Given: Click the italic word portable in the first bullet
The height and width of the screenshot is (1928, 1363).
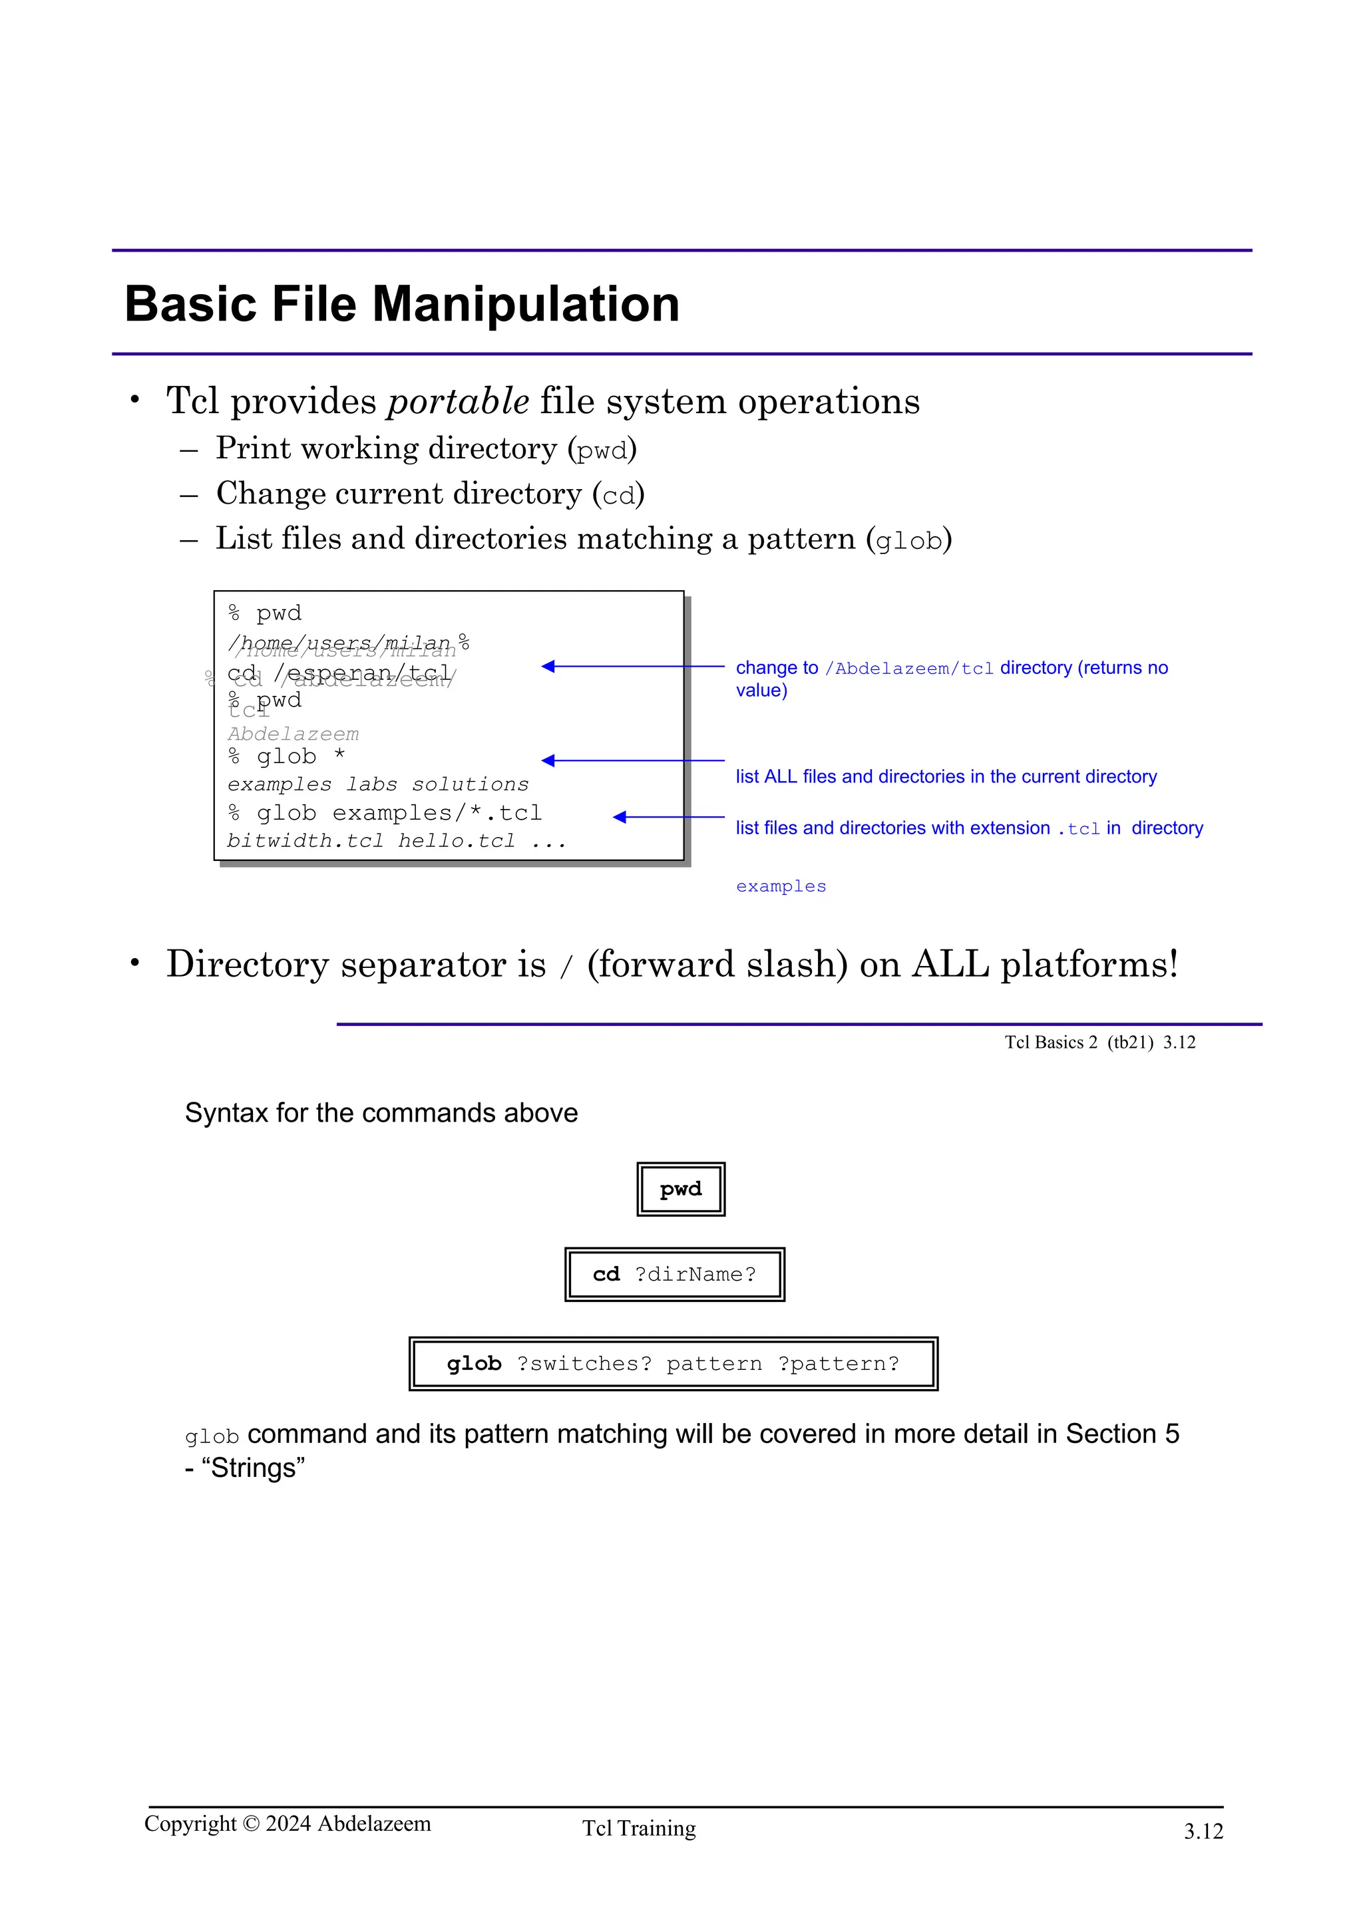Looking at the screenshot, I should click(x=458, y=401).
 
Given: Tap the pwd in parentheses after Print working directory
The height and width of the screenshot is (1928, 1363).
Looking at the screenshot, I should click(x=602, y=450).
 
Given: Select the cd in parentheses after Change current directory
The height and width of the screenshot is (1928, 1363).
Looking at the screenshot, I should click(x=619, y=496).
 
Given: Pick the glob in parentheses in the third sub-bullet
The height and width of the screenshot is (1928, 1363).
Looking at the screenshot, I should click(x=908, y=541).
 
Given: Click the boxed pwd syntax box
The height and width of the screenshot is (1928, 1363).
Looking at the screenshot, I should click(x=680, y=1189).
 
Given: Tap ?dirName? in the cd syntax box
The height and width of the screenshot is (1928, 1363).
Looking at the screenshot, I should click(x=695, y=1275).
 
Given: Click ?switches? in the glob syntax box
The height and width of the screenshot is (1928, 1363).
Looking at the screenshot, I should click(x=584, y=1364).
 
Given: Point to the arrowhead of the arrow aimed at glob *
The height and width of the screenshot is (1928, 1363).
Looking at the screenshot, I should click(x=548, y=761).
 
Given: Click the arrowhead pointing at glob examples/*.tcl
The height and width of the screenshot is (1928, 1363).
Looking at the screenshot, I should click(x=620, y=817).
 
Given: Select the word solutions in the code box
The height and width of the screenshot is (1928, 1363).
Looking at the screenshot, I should click(x=471, y=784).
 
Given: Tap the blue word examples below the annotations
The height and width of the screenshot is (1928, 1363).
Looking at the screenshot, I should click(x=781, y=887).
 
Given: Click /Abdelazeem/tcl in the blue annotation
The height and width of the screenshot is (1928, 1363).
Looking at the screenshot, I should click(x=908, y=669).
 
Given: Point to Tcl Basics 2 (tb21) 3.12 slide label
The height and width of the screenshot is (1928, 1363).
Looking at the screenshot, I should click(x=1099, y=1042).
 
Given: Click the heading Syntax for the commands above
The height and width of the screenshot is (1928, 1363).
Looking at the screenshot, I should click(x=381, y=1112).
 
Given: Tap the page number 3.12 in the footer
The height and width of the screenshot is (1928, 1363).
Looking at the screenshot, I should click(x=1203, y=1832).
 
